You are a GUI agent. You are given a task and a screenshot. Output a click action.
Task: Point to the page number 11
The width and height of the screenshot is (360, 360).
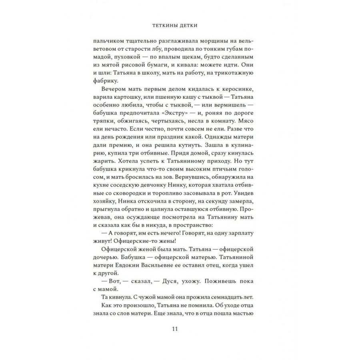(x=174, y=329)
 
